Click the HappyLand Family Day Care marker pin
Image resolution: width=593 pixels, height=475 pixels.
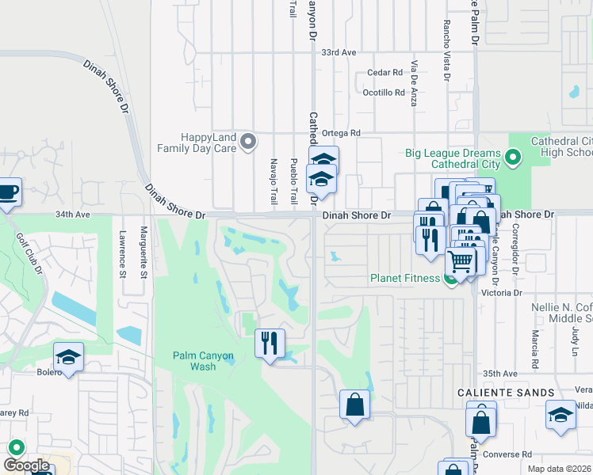pos(248,142)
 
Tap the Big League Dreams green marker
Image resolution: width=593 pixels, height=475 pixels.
pos(512,158)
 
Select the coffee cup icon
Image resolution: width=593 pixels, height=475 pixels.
pos(7,192)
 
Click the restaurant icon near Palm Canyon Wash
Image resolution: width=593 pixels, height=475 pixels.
pos(270,344)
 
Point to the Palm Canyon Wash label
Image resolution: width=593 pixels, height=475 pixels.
pos(204,361)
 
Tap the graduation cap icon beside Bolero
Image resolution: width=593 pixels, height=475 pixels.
pos(69,358)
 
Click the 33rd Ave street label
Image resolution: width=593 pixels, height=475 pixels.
pos(339,52)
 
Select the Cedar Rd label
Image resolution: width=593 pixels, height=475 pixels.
pos(385,73)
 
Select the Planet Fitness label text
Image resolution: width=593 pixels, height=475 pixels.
pos(404,278)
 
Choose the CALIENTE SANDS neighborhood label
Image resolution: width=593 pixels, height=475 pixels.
pos(505,393)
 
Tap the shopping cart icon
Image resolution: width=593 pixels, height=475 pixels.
pos(460,260)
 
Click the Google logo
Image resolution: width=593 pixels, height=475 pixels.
pos(26,465)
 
